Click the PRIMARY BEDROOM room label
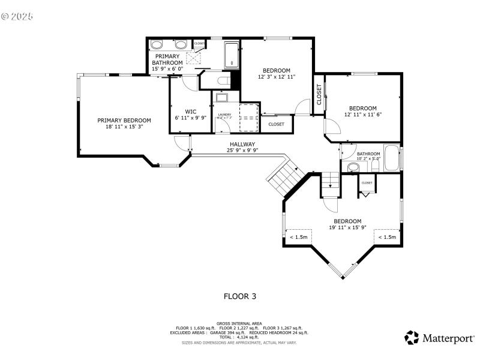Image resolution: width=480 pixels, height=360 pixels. coord(124,120)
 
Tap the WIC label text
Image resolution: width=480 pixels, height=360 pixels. coord(190,111)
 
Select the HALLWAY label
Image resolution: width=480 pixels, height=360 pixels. coord(242,144)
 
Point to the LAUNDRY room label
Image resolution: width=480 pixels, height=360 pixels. coord(224,114)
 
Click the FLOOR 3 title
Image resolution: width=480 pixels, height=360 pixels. coord(240,296)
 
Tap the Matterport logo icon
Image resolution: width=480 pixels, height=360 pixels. coord(412,338)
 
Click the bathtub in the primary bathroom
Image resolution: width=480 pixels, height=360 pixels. coord(232,55)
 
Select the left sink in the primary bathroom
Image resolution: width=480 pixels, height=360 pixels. coord(157,44)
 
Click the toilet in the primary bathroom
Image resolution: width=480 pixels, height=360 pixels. coord(223,81)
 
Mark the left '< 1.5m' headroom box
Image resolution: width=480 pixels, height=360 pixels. coord(299,237)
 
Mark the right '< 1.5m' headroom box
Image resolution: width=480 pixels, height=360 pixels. coord(386,237)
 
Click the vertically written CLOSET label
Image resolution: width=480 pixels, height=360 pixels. coord(319,94)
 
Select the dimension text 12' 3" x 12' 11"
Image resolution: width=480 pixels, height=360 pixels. coord(277,77)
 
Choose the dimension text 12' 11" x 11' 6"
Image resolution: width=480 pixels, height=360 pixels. coord(363,115)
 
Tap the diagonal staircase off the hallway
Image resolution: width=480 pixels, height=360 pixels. coord(286,177)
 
